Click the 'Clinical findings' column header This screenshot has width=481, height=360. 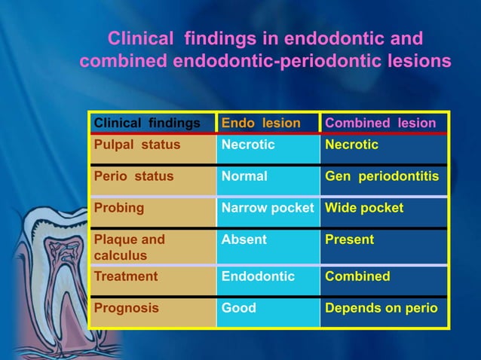tap(146, 123)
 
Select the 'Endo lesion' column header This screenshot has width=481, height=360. tap(261, 123)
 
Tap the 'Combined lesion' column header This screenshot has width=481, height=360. tap(380, 123)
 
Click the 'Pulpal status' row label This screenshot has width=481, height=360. tap(136, 145)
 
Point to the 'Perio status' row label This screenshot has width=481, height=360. tap(133, 177)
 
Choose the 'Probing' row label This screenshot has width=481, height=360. tap(118, 207)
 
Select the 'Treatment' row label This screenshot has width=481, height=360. tap(125, 276)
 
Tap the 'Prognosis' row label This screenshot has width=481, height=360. tap(126, 308)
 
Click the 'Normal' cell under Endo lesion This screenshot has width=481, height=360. tap(244, 177)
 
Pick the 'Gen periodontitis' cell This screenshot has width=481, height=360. tap(382, 177)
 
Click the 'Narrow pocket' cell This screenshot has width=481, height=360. tap(268, 207)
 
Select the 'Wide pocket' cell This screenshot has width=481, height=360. tap(364, 207)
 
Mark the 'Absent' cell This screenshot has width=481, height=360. tap(244, 239)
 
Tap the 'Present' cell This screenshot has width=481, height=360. tap(349, 239)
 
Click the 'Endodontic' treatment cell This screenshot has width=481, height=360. tap(258, 276)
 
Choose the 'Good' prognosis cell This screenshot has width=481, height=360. tap(238, 308)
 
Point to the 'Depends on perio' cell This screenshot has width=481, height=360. tap(381, 308)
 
